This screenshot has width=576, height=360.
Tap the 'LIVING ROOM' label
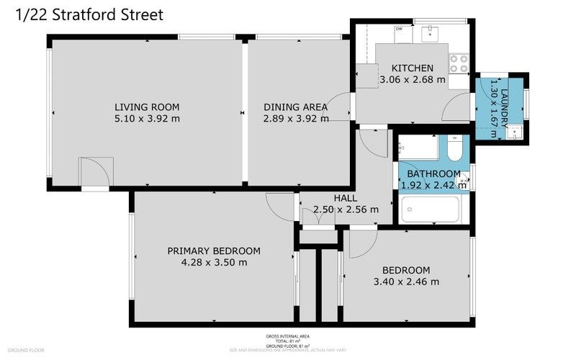pyautogui.click(x=146, y=107)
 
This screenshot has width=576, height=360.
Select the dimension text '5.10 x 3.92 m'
pyautogui.click(x=146, y=119)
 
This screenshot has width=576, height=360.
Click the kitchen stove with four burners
pyautogui.click(x=458, y=63)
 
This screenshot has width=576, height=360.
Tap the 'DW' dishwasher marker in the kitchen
pyautogui.click(x=398, y=29)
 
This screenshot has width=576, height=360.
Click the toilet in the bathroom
pyautogui.click(x=454, y=149)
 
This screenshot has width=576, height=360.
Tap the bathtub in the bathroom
pyautogui.click(x=430, y=211)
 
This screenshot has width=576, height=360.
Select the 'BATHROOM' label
pyautogui.click(x=433, y=174)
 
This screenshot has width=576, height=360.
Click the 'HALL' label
pyautogui.click(x=346, y=198)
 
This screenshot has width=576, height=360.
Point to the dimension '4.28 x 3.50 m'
pyautogui.click(x=214, y=262)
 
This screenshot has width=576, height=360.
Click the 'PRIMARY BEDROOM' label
pyautogui.click(x=214, y=251)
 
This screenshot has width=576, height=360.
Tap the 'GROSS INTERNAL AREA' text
pyautogui.click(x=287, y=336)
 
